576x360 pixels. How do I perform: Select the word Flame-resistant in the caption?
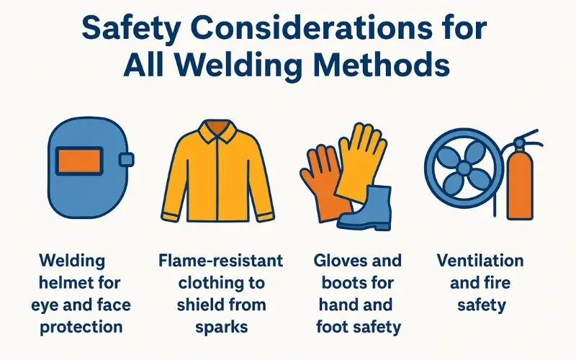point(220,260)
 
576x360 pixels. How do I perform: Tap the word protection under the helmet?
point(81,326)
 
